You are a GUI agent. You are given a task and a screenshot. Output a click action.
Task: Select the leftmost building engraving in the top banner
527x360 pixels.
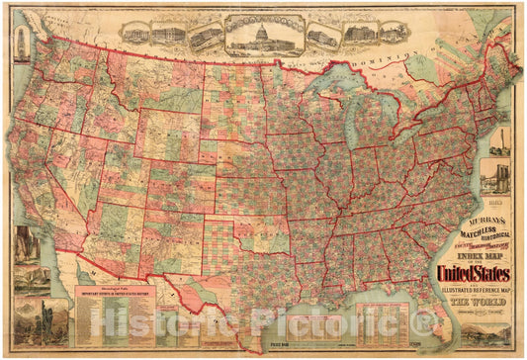click(134, 33)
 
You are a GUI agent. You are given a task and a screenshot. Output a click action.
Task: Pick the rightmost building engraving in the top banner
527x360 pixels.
click(392, 33)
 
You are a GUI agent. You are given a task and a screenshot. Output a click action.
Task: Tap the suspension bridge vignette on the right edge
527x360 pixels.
click(498, 185)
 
